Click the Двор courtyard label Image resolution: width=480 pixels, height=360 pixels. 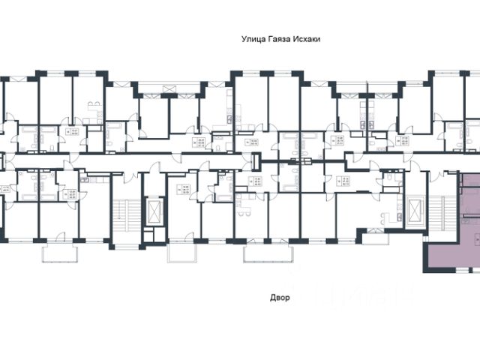[279, 297]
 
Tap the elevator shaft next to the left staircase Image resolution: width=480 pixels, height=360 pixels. [154, 211]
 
